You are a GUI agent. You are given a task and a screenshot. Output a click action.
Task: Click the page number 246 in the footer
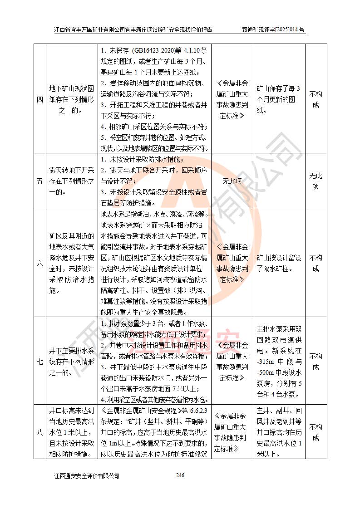(x=180, y=475)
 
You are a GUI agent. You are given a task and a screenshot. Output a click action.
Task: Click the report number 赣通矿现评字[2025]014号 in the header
(x=273, y=30)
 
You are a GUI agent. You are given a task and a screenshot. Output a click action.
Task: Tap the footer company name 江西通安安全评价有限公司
(x=87, y=476)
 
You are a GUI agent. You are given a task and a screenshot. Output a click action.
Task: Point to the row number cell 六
(x=39, y=263)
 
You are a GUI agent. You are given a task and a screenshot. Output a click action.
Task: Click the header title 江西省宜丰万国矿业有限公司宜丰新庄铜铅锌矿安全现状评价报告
(x=133, y=30)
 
